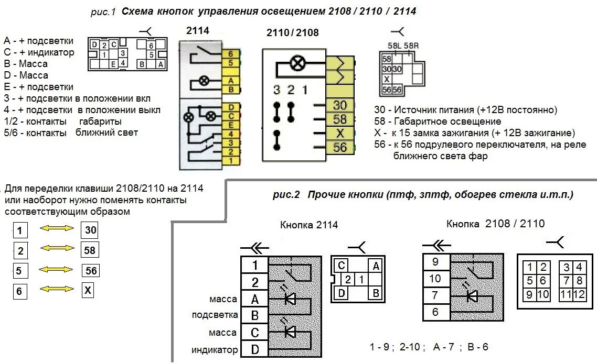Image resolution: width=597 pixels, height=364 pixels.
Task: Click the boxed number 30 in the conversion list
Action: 90,230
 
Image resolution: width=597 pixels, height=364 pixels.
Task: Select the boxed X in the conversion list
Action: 88,290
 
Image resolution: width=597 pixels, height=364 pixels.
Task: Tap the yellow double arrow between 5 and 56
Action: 57,270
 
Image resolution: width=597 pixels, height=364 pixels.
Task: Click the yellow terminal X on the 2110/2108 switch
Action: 339,133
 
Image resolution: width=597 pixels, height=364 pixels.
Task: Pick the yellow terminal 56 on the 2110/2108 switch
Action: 339,148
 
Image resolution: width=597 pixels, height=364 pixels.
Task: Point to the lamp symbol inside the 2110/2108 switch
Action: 297,64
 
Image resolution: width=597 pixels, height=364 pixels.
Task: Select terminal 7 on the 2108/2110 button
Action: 434,295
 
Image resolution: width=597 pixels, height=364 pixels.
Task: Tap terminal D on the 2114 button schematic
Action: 254,349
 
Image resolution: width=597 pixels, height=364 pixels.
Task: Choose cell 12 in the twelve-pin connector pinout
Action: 579,294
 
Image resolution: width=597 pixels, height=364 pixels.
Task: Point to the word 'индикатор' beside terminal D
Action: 215,350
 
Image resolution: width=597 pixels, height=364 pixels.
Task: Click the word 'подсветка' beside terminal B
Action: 215,315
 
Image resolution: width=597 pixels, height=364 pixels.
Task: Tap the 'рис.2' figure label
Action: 286,195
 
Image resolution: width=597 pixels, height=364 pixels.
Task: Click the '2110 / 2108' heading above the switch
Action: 293,32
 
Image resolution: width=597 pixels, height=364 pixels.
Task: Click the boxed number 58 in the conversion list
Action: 90,250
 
